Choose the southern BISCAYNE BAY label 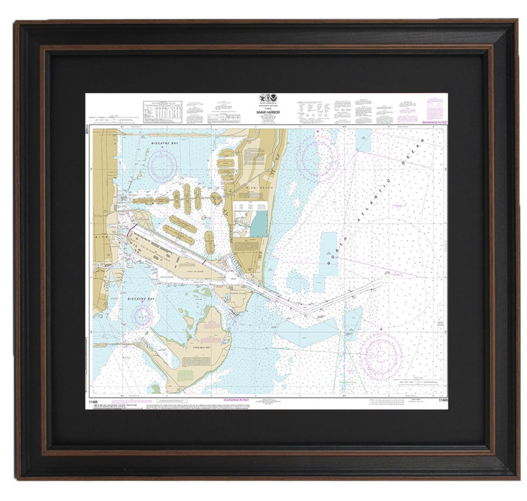click(142, 298)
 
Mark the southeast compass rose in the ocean click(381, 353)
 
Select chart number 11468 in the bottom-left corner click(94, 401)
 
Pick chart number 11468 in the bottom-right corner click(443, 401)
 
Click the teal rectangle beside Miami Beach click(259, 224)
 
